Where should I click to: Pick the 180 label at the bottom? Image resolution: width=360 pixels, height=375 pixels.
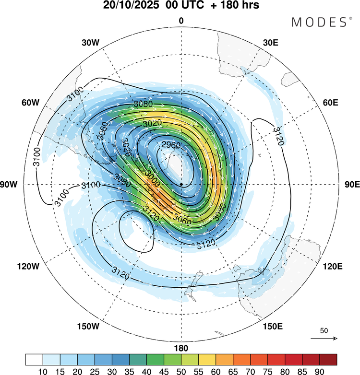point(181,348)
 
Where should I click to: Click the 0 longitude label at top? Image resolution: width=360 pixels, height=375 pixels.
point(181,21)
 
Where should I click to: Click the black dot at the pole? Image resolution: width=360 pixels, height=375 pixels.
point(181,185)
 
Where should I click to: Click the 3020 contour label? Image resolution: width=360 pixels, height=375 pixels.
point(153,124)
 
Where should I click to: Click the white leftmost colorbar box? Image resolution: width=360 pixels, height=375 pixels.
point(34,360)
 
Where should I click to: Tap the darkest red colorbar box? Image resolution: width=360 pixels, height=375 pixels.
point(328,360)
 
